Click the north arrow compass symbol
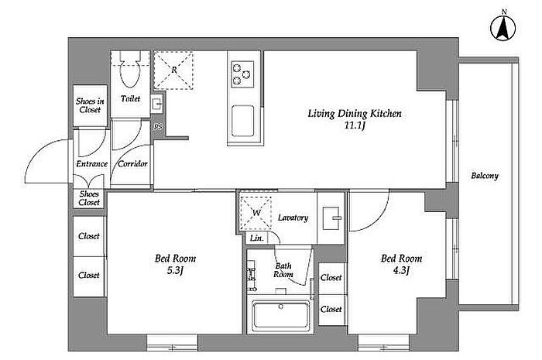pyautogui.click(x=503, y=28)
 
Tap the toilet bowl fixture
pyautogui.click(x=130, y=69)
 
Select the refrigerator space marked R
pyautogui.click(x=173, y=70)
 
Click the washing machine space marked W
pyautogui.click(x=256, y=213)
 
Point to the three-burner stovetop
pyautogui.click(x=242, y=74)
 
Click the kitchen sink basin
pyautogui.click(x=242, y=122)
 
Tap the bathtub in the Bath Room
pyautogui.click(x=280, y=315)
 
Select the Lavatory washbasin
pyautogui.click(x=331, y=218)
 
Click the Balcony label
pyautogui.click(x=485, y=176)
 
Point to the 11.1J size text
pyautogui.click(x=355, y=125)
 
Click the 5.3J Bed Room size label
pyautogui.click(x=175, y=270)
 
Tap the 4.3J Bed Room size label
pyautogui.click(x=401, y=270)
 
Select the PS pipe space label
pyautogui.click(x=158, y=127)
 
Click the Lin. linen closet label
pyautogui.click(x=257, y=238)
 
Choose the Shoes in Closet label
pyautogui.click(x=90, y=105)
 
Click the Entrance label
pyautogui.click(x=92, y=164)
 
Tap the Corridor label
pyautogui.click(x=132, y=164)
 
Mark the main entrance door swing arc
pyautogui.click(x=37, y=151)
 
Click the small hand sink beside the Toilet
pyautogui.click(x=156, y=104)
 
